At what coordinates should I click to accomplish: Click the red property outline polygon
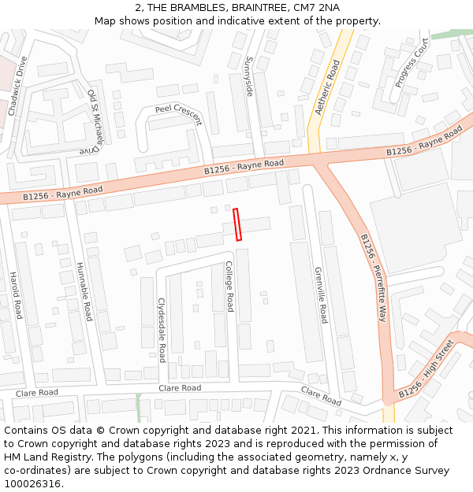(x=237, y=224)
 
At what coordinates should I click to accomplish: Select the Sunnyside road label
(x=249, y=76)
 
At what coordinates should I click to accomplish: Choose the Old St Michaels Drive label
(x=94, y=121)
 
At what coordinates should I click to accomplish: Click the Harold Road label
(x=16, y=295)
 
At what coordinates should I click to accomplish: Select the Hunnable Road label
(x=84, y=291)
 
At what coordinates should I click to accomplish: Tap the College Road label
(x=229, y=287)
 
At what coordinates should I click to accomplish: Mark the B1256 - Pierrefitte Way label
(x=374, y=278)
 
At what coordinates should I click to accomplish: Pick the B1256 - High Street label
(x=426, y=368)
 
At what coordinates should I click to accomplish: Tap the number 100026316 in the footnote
(x=33, y=483)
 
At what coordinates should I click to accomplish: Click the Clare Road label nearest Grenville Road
(x=321, y=396)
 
